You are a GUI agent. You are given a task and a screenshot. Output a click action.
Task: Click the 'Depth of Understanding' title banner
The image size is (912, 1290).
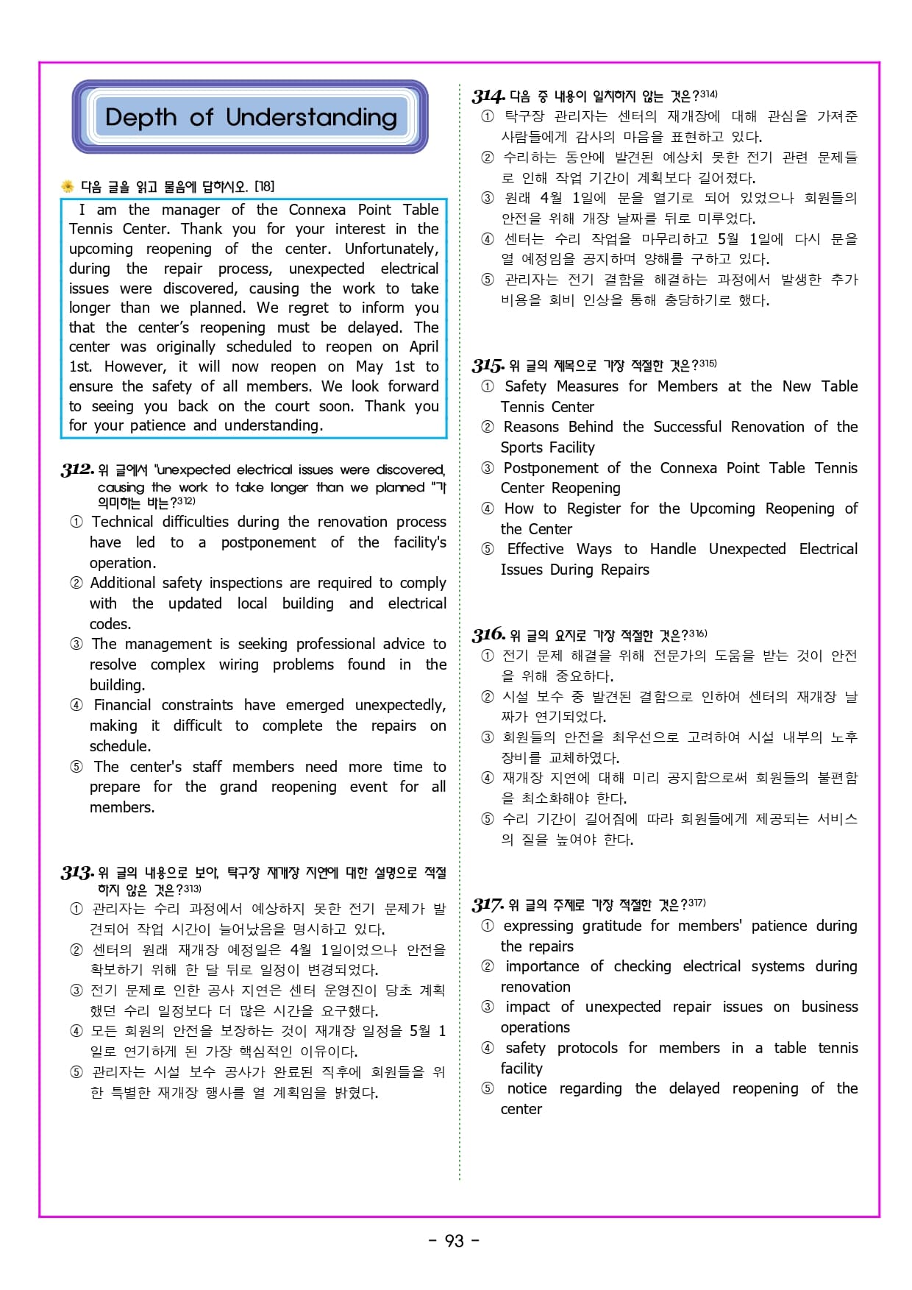pos(250,117)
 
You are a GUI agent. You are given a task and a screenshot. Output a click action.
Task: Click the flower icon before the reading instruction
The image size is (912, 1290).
pos(68,186)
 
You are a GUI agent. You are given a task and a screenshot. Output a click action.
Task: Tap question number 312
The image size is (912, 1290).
pos(77,469)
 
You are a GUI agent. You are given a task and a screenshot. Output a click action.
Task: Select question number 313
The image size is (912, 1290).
pos(77,873)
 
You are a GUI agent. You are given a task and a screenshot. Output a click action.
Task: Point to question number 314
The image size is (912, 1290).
pos(488,96)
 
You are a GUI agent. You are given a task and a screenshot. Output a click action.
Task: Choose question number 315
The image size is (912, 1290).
pos(488,366)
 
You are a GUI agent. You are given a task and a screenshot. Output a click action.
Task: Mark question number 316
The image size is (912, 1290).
pos(488,634)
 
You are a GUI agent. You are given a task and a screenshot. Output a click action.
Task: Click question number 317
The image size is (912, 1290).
pos(488,904)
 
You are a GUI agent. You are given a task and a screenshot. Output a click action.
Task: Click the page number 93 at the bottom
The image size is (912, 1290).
pos(455,1241)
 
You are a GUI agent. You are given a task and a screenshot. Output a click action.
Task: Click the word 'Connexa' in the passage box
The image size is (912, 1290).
pos(317,210)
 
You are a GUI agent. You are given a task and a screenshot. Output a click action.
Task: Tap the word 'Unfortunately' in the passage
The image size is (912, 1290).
pos(391,249)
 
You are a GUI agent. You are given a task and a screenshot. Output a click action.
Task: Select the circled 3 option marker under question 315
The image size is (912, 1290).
pos(487,468)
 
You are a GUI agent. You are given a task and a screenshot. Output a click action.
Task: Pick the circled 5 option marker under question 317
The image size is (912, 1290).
pos(487,1088)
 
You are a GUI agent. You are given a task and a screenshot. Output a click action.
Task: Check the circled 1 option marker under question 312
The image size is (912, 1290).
pos(76,522)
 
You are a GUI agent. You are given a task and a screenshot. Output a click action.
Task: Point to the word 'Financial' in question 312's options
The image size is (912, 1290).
pos(122,705)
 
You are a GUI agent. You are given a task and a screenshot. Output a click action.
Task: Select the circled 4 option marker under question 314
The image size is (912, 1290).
pos(487,239)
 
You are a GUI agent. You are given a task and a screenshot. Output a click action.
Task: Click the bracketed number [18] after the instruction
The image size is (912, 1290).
pos(264,186)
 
